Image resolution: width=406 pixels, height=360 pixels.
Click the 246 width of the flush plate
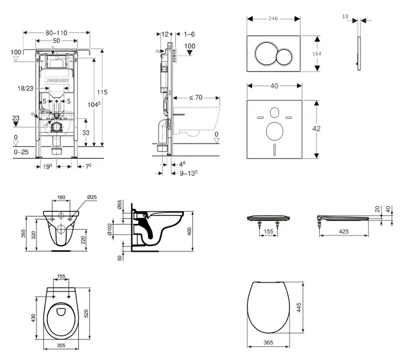tap(274, 19)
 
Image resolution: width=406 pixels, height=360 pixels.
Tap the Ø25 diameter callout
tap(91, 198)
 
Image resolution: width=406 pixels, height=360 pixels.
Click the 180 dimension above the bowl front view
tap(61, 198)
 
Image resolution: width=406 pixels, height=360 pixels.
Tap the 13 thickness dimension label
tap(345, 17)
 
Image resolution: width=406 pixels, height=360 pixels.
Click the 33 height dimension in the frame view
tap(86, 133)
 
